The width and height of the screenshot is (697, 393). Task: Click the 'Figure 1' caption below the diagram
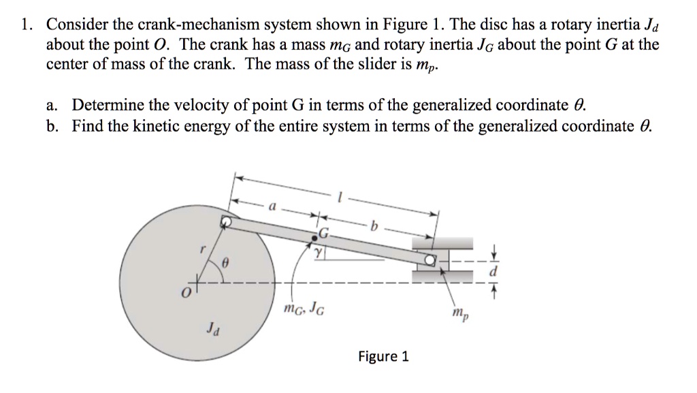[383, 356]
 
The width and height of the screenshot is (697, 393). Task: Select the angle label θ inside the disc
[229, 261]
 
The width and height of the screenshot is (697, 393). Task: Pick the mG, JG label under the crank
[303, 312]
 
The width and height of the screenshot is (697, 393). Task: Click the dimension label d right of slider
[495, 271]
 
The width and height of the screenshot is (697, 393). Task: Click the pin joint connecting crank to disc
[225, 221]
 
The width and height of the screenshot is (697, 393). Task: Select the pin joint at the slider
[430, 260]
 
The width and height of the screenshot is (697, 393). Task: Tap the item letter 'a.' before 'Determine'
[54, 106]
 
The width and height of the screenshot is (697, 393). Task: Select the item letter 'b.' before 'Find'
[54, 126]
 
